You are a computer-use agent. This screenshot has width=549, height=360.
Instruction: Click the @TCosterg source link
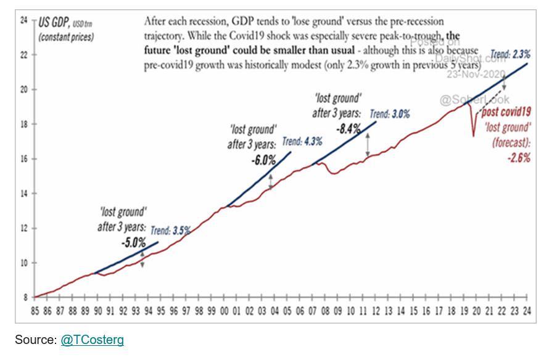(92, 340)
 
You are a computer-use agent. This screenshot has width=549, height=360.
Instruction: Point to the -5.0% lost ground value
(133, 242)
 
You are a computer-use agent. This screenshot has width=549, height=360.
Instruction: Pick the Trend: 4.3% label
(302, 141)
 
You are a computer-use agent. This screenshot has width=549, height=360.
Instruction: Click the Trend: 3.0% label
(389, 113)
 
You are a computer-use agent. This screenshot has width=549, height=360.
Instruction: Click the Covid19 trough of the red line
(474, 136)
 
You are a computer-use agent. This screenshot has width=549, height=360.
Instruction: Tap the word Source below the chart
(36, 340)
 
